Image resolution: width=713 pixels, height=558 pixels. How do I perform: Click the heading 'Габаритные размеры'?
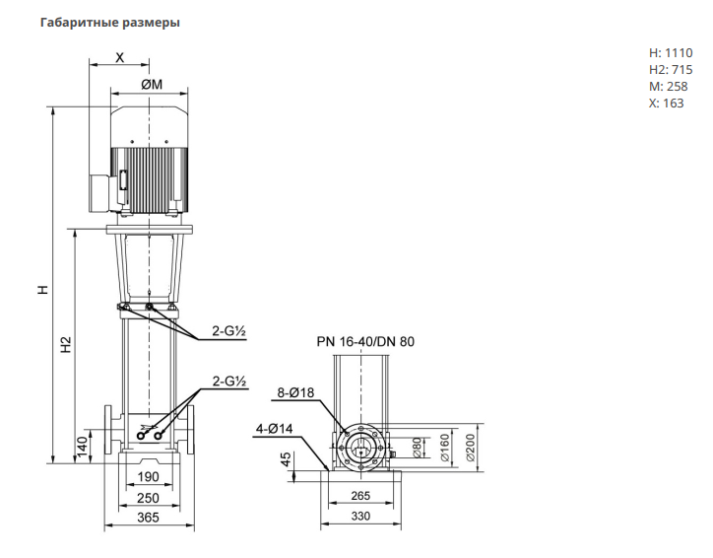[109, 22]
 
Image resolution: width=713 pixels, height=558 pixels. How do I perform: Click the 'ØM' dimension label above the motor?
[150, 85]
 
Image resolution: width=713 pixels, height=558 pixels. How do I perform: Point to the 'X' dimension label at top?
[120, 58]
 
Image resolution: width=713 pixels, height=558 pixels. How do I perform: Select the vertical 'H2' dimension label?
[66, 346]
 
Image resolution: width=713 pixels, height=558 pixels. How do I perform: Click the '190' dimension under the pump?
[148, 476]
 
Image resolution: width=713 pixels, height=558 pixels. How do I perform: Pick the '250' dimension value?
[148, 498]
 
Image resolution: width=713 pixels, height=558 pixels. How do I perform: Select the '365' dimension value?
[148, 518]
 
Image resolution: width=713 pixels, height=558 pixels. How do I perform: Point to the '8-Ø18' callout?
[294, 393]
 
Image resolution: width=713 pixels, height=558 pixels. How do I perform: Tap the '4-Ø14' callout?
[275, 429]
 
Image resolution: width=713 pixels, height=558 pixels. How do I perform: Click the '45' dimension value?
[286, 460]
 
